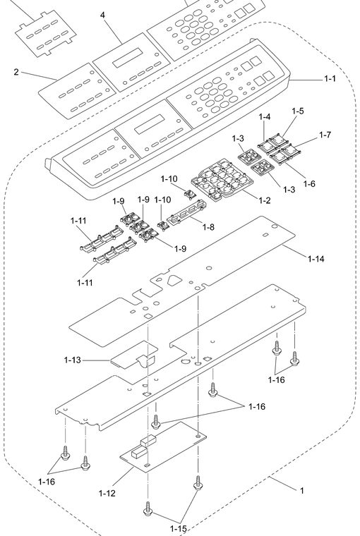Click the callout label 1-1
[330, 78]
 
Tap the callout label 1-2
[264, 200]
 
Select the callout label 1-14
[316, 259]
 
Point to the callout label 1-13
[73, 360]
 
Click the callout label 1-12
[107, 493]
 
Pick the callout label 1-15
[179, 529]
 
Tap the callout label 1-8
[208, 226]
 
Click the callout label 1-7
[325, 135]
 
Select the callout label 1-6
[309, 183]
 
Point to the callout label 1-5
[298, 111]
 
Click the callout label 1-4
[265, 116]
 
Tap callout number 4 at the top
[102, 15]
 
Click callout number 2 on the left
[16, 72]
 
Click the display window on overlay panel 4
[128, 57]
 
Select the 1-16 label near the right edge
[277, 379]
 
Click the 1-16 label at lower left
[47, 482]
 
